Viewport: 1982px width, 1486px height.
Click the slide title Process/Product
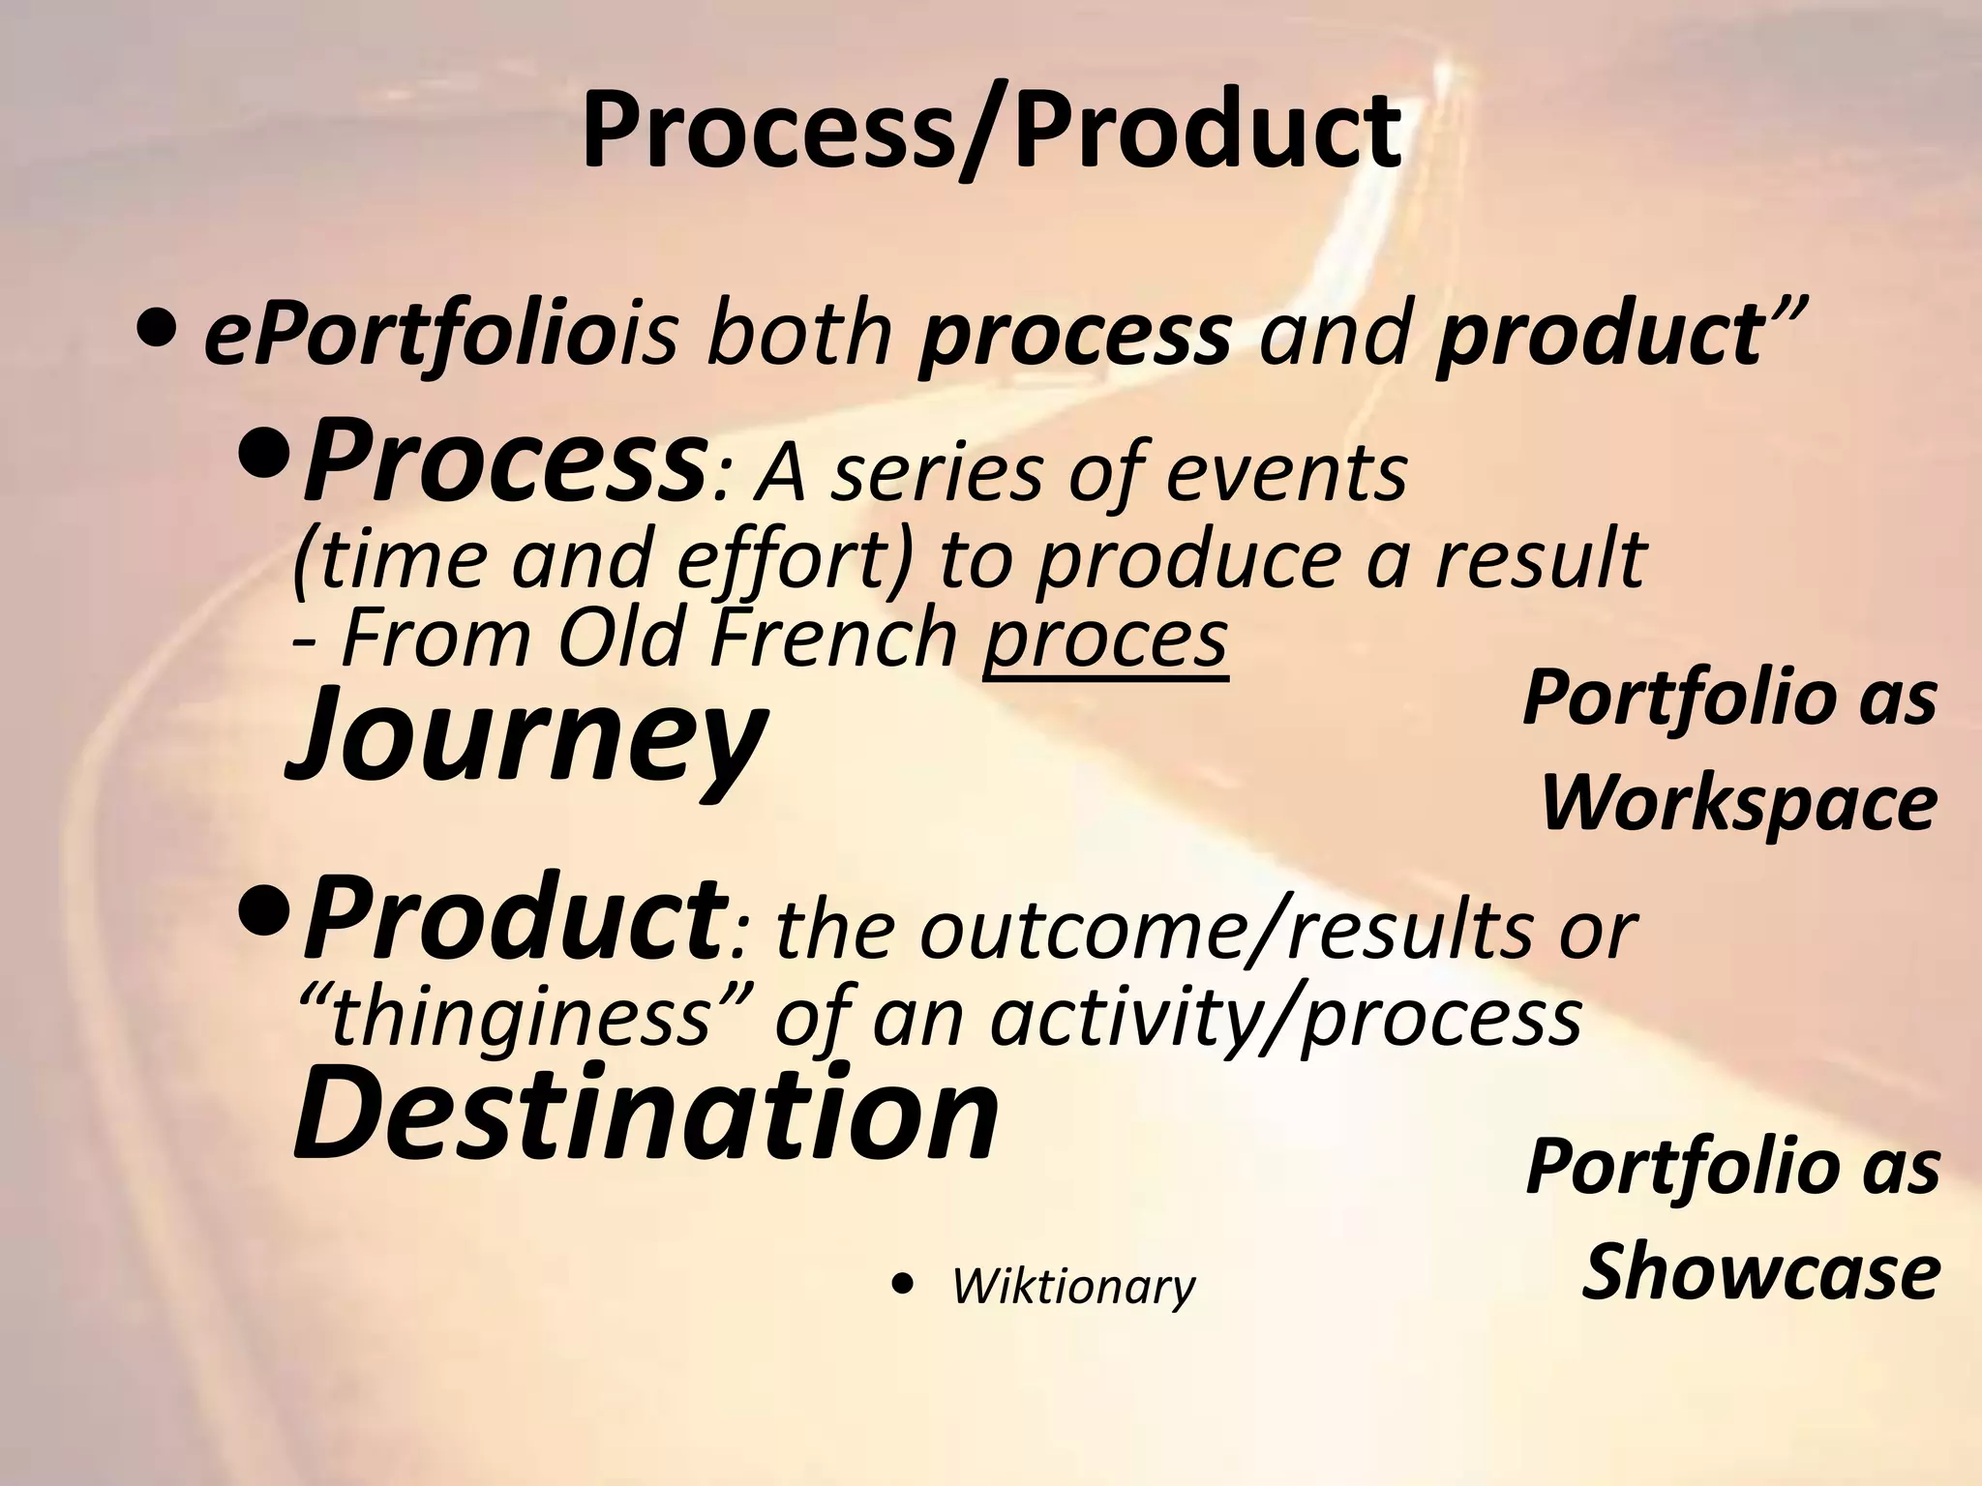(x=991, y=131)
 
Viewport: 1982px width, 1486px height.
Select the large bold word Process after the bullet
(x=503, y=462)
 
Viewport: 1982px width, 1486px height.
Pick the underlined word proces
(x=1105, y=639)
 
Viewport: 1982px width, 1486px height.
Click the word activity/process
(x=1287, y=1018)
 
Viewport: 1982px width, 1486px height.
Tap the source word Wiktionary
(x=1074, y=1287)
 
